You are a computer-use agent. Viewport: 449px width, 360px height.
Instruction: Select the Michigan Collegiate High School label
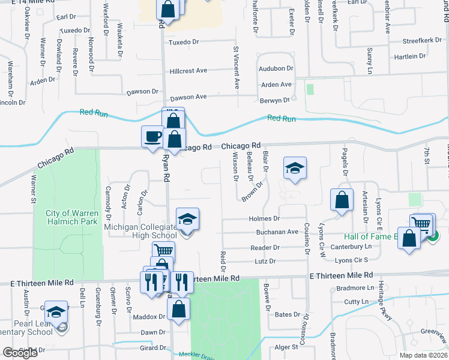click(x=142, y=231)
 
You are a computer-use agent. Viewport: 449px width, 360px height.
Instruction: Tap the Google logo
click(x=20, y=353)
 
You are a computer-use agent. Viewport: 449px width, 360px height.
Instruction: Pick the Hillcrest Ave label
click(x=188, y=71)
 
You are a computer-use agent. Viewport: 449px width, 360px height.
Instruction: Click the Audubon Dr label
click(x=276, y=69)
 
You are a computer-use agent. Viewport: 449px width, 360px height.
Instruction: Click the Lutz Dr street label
click(x=265, y=262)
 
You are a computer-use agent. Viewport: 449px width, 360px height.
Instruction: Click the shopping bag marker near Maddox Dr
click(x=178, y=309)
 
